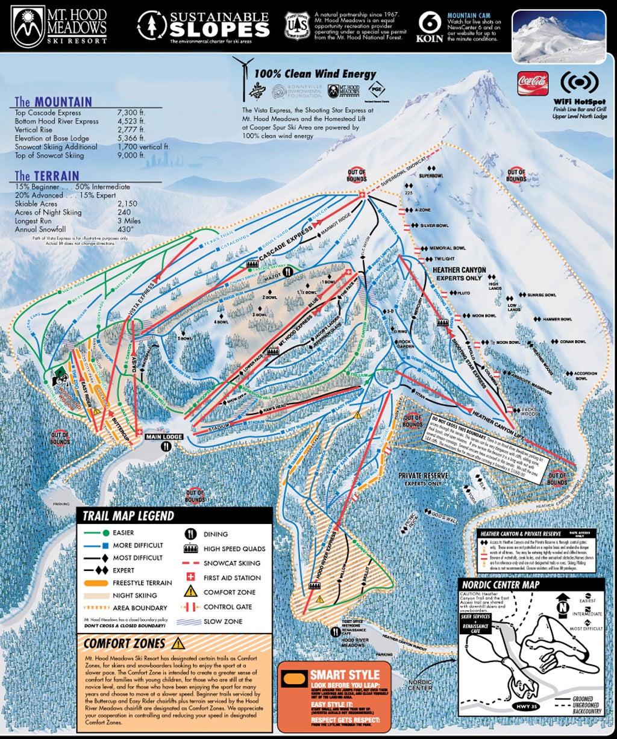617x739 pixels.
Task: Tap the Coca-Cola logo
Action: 532,81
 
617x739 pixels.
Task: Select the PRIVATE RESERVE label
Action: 422,476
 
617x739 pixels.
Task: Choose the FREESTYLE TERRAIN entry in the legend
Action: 142,582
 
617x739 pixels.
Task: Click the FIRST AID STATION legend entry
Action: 231,578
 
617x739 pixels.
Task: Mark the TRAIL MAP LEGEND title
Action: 128,516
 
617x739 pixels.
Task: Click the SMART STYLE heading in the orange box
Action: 345,674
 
